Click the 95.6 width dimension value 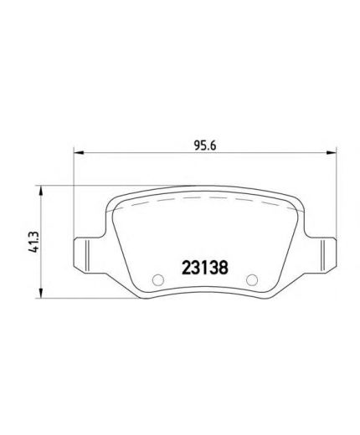205,146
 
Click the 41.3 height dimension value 33,242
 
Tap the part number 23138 205,268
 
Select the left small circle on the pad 158,280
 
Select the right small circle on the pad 252,280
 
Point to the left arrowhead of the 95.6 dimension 79,152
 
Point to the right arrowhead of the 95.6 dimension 332,152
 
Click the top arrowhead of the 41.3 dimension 41,191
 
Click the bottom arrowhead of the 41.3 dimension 41,294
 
